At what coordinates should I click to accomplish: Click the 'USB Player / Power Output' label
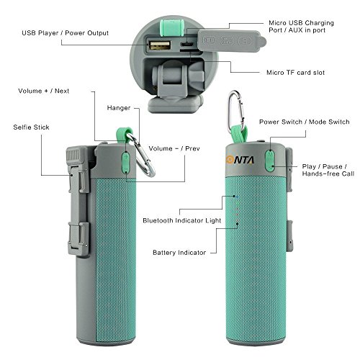coord(65,33)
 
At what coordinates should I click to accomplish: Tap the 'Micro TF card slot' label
coord(295,73)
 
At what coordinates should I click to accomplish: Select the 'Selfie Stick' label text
coord(31,127)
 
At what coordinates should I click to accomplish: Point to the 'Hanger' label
coord(119,108)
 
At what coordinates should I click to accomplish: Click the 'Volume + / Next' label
coord(43,91)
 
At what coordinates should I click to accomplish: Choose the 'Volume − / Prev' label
coord(174,148)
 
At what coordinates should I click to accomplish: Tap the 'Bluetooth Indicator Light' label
coord(181,220)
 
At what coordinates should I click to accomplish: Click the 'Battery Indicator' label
coord(179,253)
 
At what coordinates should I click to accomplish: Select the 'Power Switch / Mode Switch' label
coord(304,122)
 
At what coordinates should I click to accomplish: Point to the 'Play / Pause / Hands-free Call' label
coord(328,170)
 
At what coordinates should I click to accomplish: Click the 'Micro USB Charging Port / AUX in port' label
coord(301,27)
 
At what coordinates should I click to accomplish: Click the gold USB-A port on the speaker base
coord(160,45)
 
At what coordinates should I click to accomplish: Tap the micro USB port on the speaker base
coord(186,45)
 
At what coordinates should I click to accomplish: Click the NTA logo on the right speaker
coord(240,160)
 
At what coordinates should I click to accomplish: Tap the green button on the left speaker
coord(125,162)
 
